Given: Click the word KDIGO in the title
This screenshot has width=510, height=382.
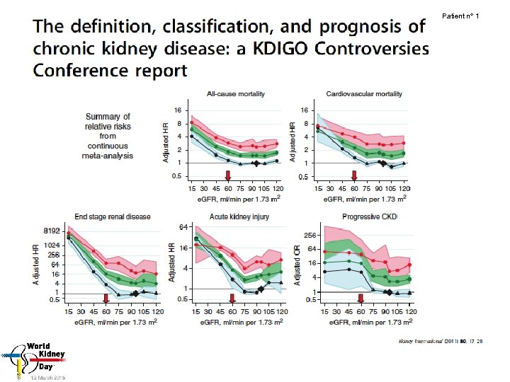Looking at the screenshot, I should [277, 50].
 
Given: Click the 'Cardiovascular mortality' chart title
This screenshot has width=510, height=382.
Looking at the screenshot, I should [364, 94].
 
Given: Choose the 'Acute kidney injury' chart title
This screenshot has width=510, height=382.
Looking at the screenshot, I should [239, 216].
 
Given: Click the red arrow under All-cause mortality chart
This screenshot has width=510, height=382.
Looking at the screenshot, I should [227, 175].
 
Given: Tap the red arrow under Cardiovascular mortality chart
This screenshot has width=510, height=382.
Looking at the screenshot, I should [355, 175].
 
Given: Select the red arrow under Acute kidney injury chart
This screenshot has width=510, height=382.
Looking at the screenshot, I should [232, 298].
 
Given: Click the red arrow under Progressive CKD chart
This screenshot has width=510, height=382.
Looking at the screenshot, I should [361, 298].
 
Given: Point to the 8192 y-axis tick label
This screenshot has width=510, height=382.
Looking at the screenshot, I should [51, 231].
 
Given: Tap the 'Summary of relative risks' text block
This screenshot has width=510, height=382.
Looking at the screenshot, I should [108, 132].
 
